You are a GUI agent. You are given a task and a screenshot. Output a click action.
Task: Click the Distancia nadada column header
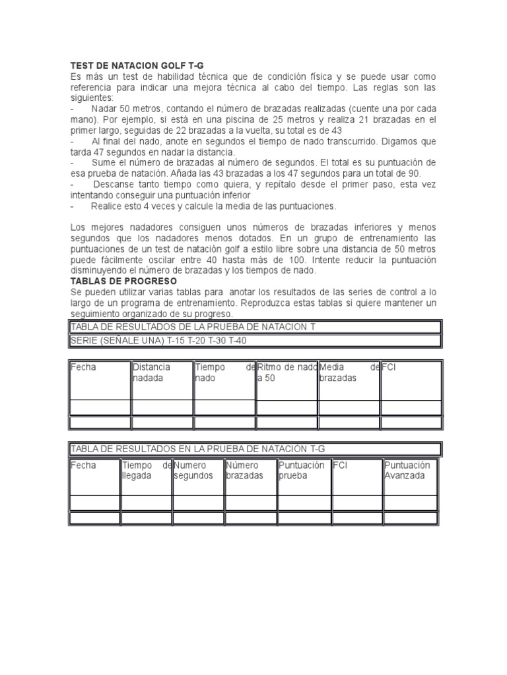point(151,372)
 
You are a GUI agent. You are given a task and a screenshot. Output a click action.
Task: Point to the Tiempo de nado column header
point(224,372)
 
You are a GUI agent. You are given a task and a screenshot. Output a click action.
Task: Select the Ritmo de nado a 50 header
point(287,372)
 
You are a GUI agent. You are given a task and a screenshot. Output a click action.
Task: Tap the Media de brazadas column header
point(349,372)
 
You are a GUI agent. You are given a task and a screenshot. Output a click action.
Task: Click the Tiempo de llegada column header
point(146,470)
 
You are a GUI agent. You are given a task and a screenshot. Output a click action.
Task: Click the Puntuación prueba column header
point(302,470)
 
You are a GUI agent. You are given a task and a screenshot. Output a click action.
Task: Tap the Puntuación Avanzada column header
point(407,470)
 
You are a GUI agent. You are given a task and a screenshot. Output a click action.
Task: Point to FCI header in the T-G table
point(341,465)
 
